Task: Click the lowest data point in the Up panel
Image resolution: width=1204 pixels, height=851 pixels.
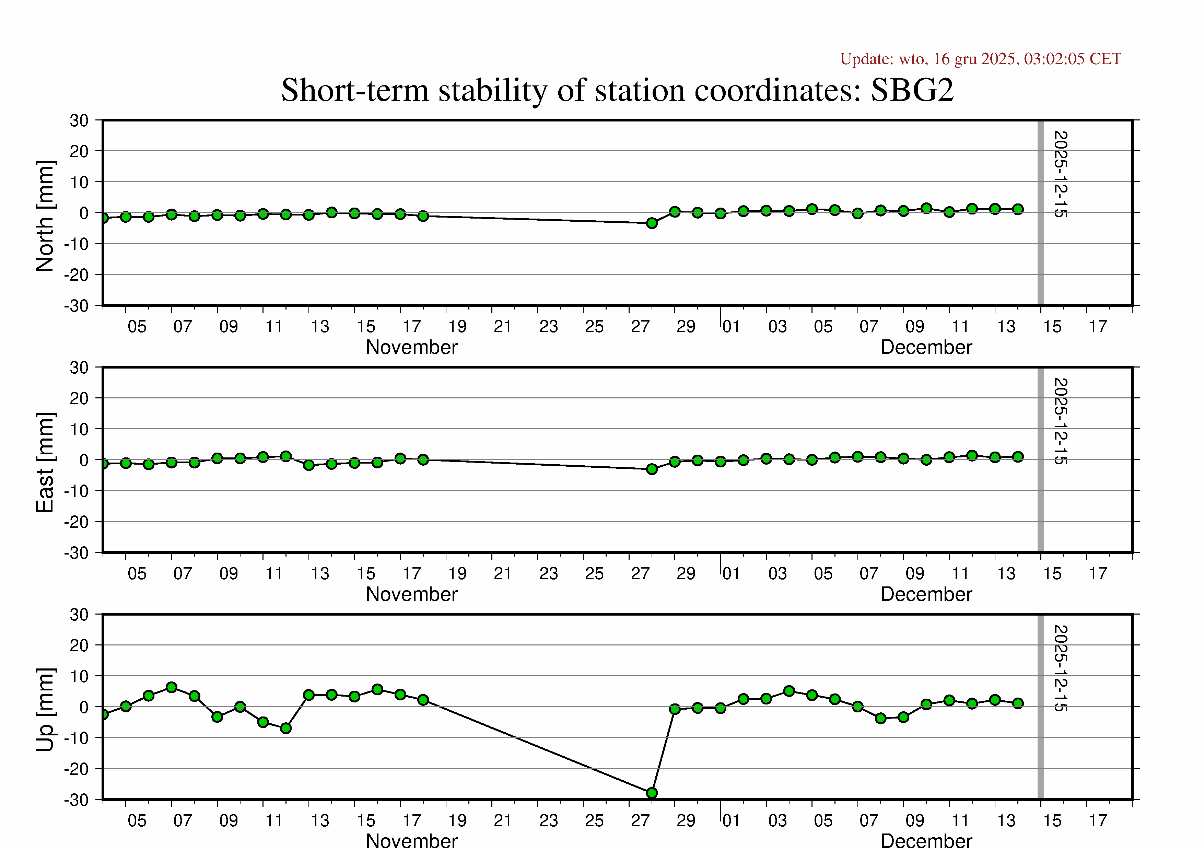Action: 652,793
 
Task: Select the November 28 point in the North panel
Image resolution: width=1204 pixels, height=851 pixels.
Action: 652,223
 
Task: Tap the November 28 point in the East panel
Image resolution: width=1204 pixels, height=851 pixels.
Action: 652,469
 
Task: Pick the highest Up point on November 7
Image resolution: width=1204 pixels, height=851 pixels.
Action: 172,687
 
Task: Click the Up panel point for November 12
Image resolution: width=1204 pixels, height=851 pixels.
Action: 286,728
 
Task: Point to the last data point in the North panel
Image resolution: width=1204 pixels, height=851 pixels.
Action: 1018,209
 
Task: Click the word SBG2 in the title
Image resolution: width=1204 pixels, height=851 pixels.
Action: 912,90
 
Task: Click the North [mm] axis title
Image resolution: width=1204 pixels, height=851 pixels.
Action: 45,216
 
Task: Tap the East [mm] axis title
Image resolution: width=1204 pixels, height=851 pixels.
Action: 45,463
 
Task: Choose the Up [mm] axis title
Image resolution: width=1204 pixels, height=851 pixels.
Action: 45,709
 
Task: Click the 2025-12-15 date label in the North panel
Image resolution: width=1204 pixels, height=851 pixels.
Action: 1060,174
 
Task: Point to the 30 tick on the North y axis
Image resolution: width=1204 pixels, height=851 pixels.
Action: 79,120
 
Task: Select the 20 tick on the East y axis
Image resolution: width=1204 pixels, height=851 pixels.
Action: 79,398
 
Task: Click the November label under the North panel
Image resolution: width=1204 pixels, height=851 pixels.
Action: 412,347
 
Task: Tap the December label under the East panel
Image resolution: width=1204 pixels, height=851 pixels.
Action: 926,594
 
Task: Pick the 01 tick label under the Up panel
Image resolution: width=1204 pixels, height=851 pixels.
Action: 731,820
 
